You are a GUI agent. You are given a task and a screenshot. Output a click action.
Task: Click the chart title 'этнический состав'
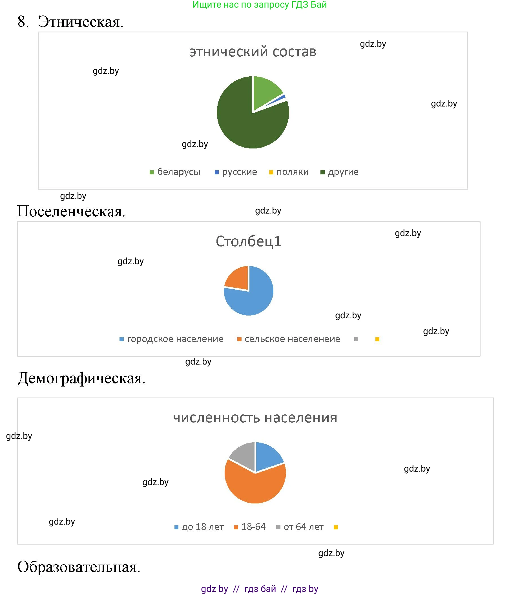[x=253, y=52]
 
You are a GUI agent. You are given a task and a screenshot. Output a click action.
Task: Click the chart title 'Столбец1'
[x=249, y=241]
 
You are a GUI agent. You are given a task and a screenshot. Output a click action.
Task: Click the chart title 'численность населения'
[x=255, y=418]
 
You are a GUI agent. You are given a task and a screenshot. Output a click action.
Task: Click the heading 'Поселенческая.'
[x=71, y=211]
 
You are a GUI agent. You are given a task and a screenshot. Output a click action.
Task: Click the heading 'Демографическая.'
[x=81, y=378]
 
